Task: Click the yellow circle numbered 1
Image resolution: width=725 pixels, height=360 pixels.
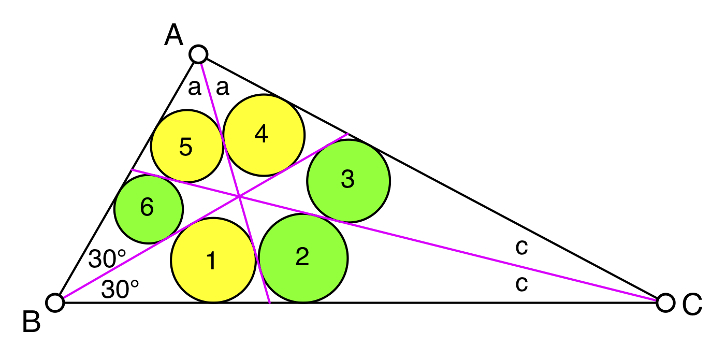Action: tap(213, 260)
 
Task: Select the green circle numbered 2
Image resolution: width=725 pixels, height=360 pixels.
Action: tap(303, 258)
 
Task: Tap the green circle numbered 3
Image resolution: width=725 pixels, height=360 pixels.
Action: tap(349, 180)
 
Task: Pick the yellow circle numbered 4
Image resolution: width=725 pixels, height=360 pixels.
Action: tap(264, 135)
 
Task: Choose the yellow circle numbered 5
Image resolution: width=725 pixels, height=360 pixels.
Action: tap(187, 146)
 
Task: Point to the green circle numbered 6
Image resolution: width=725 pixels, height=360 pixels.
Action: tap(149, 209)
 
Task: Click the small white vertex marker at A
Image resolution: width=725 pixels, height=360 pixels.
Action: tap(198, 54)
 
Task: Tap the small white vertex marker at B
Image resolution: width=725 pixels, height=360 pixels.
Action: tap(55, 302)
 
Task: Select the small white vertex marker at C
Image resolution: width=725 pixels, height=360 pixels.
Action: tap(665, 302)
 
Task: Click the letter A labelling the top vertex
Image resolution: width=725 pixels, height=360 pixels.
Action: tap(175, 36)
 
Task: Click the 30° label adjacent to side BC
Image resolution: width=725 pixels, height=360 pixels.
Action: tap(120, 290)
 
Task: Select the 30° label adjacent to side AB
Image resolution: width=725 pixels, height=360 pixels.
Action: tap(107, 258)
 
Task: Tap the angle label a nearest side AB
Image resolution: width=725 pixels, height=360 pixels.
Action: tap(194, 88)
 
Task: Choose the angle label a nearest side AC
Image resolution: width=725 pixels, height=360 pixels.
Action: tap(222, 88)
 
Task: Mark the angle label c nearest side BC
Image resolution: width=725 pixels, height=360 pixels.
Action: tap(521, 284)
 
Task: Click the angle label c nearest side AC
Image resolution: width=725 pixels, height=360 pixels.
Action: tap(521, 248)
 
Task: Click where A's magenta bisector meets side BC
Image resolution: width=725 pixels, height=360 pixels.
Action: tap(270, 303)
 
